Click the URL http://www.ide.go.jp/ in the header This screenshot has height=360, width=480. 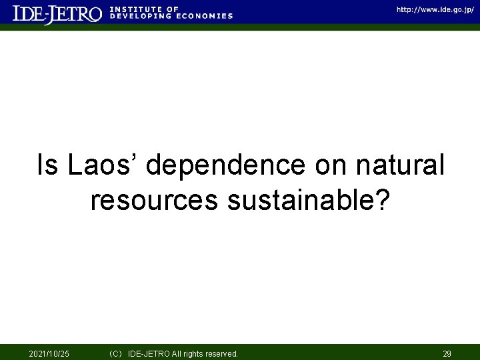pos(435,9)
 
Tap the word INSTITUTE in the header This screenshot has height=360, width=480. pos(133,9)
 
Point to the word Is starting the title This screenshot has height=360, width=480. pos(47,166)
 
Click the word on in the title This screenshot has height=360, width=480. pos(336,166)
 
